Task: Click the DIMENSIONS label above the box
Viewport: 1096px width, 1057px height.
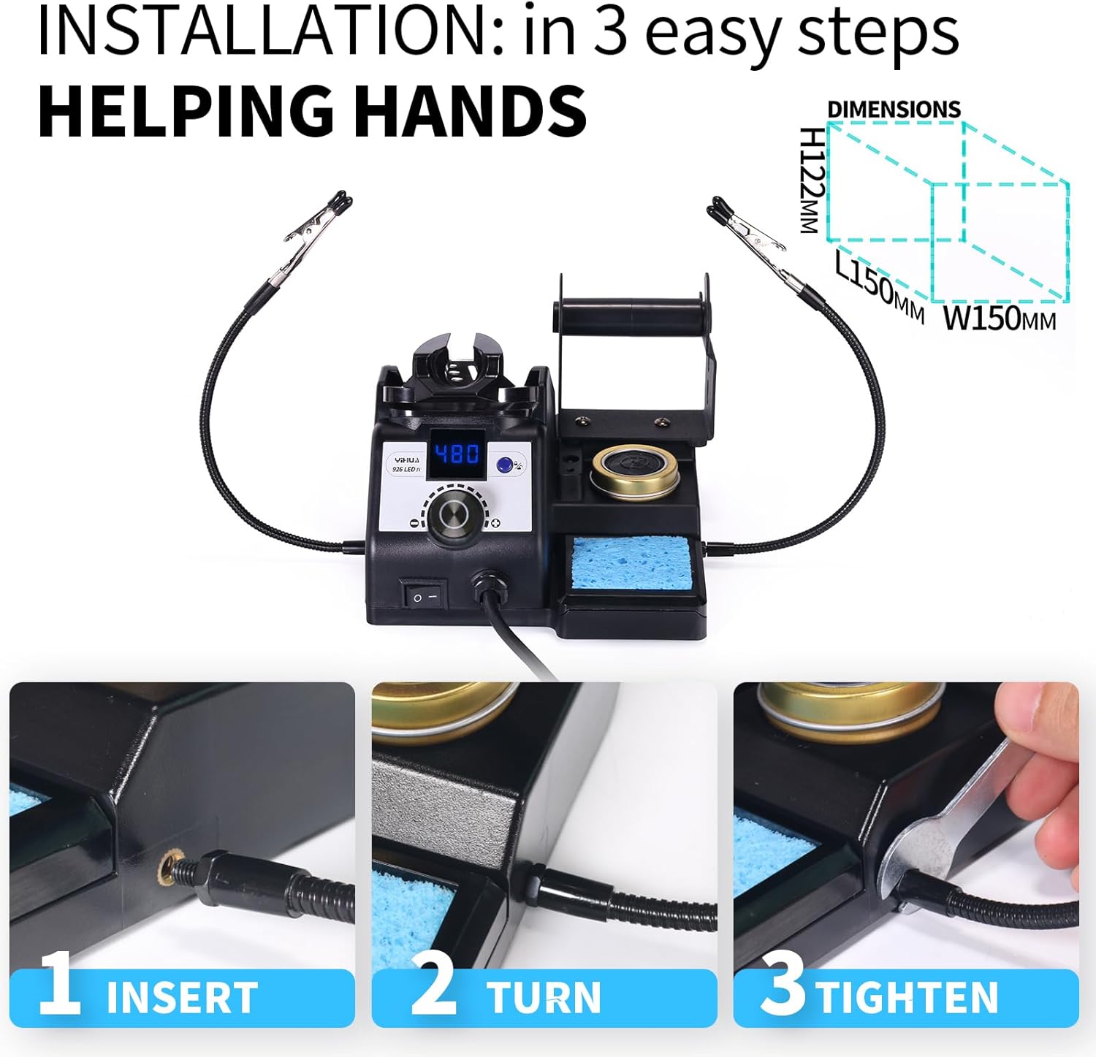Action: (894, 110)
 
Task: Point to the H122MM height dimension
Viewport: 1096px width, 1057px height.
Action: (812, 180)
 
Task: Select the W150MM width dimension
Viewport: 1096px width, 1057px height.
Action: (1000, 318)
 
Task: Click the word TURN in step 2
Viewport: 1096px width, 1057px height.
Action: (544, 998)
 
